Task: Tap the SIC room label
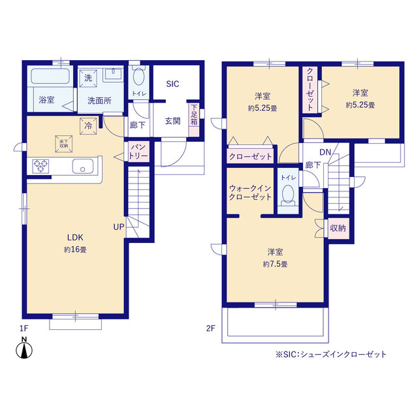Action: [172, 84]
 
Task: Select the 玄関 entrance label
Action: [172, 121]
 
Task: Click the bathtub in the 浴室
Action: [50, 76]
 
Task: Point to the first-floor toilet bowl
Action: [138, 76]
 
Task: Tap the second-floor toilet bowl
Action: [288, 195]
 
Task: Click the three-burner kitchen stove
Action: [40, 166]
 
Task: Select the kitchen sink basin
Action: [83, 167]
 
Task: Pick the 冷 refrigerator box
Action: [88, 126]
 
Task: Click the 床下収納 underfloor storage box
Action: [64, 144]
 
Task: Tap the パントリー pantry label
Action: [138, 152]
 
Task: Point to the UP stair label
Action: [119, 227]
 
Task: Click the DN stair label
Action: [325, 152]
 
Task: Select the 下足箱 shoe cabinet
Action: [194, 120]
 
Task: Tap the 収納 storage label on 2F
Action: [338, 228]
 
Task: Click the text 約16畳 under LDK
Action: [75, 249]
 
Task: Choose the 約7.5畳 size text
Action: [275, 264]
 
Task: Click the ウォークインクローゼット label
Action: [250, 193]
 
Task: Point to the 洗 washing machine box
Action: [88, 78]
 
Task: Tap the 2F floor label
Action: [210, 328]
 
